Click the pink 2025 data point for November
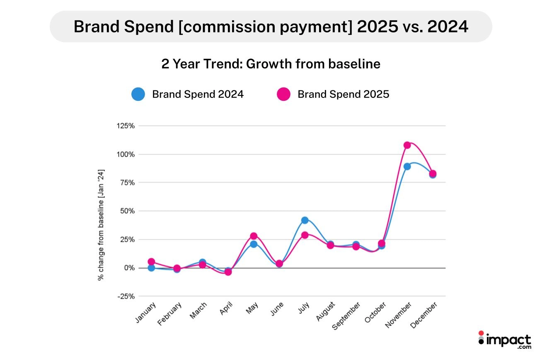[x=407, y=145]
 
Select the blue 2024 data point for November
[x=407, y=166]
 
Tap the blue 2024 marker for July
[x=305, y=220]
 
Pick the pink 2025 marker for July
[x=305, y=235]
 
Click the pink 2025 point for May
[x=254, y=236]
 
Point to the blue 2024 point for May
[x=254, y=244]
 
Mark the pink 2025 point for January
[x=151, y=262]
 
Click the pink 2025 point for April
[x=228, y=272]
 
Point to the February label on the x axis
[x=170, y=315]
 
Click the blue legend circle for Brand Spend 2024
[x=138, y=94]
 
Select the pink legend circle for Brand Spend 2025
[x=283, y=94]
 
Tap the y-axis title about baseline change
[x=101, y=224]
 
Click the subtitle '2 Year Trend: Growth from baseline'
[x=271, y=64]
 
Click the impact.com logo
[x=504, y=340]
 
